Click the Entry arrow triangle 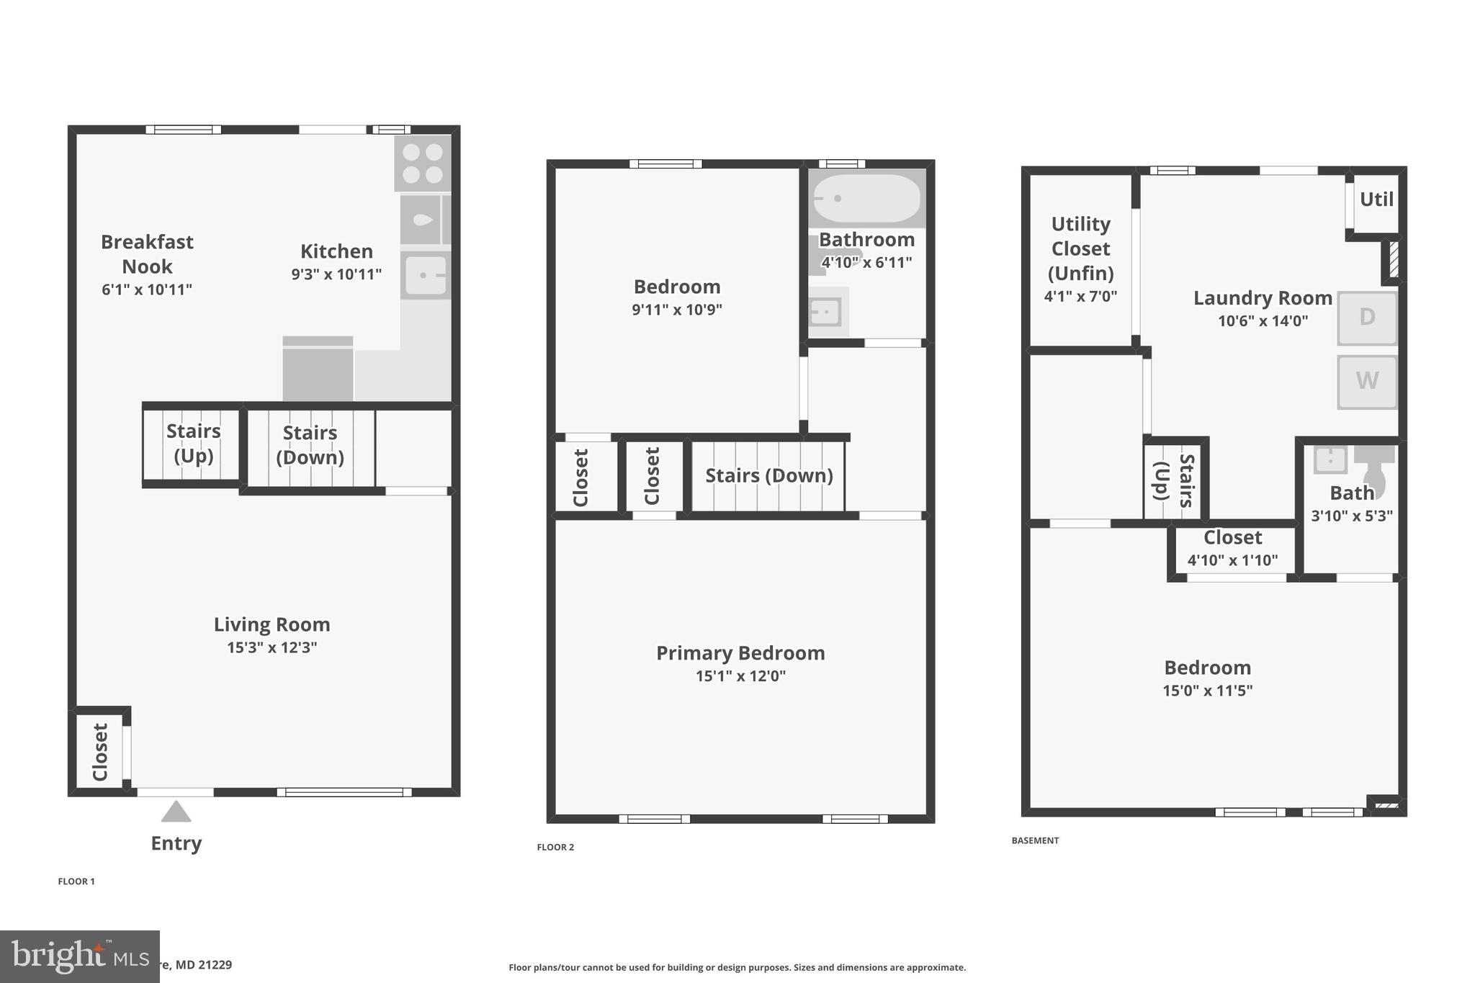(176, 812)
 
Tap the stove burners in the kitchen (423, 163)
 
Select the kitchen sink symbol (426, 275)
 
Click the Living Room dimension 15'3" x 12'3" (272, 647)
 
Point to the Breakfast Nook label (147, 254)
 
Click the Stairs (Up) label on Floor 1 (193, 443)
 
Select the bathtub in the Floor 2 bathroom (866, 198)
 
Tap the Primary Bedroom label (740, 653)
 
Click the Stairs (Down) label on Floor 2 (768, 475)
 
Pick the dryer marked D (1366, 318)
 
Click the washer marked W (1366, 381)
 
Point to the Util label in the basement (1376, 199)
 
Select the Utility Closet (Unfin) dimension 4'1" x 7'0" (1080, 296)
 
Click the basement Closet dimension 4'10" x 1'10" (1232, 560)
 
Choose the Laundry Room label (1262, 298)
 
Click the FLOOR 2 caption (555, 847)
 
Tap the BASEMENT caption (1035, 840)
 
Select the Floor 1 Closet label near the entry (100, 752)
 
